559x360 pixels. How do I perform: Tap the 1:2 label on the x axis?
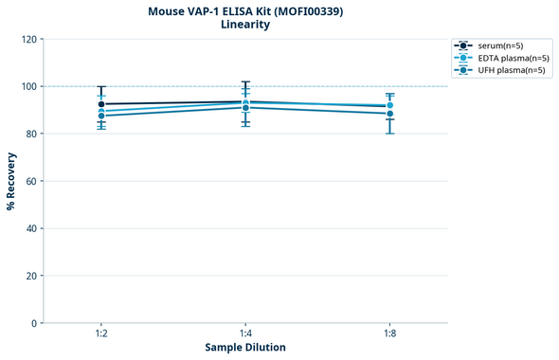tap(101, 334)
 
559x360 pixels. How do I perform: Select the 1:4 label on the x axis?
tap(245, 334)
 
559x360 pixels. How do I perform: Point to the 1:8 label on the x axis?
tap(389, 334)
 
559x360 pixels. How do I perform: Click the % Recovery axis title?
tap(11, 181)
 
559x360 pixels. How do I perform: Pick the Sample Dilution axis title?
tap(245, 348)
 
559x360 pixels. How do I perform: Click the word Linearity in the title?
tap(245, 25)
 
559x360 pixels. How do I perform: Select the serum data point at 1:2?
tap(101, 104)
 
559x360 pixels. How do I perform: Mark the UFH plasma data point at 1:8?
tap(389, 114)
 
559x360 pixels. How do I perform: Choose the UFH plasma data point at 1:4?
tap(245, 108)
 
